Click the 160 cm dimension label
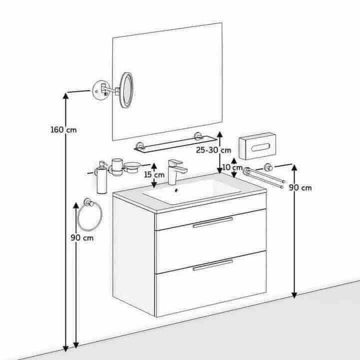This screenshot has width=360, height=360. pos(63,129)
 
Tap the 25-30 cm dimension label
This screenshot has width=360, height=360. pos(213,150)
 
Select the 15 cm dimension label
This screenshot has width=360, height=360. pos(154,174)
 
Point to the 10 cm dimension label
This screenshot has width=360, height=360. pos(232,167)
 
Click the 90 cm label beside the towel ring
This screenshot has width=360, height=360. pos(82,237)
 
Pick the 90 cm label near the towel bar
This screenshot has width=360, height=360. pos(300,188)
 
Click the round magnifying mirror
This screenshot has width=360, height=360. pos(126,90)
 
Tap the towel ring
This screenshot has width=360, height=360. pos(90,216)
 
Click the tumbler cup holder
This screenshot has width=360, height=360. pos(117,167)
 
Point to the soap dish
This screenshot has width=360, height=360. pos(131,167)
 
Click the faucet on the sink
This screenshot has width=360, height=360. pos(177,172)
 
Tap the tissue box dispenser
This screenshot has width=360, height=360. pos(257,146)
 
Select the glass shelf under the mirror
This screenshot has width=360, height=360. pos(175,143)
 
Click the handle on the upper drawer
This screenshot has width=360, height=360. pos(213,222)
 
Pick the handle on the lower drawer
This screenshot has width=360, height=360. pos(213,265)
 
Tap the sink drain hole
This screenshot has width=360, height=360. pos(176,190)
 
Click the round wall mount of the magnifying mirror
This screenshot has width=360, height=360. pos(101,90)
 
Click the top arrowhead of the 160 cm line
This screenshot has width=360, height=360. pos(65,95)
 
